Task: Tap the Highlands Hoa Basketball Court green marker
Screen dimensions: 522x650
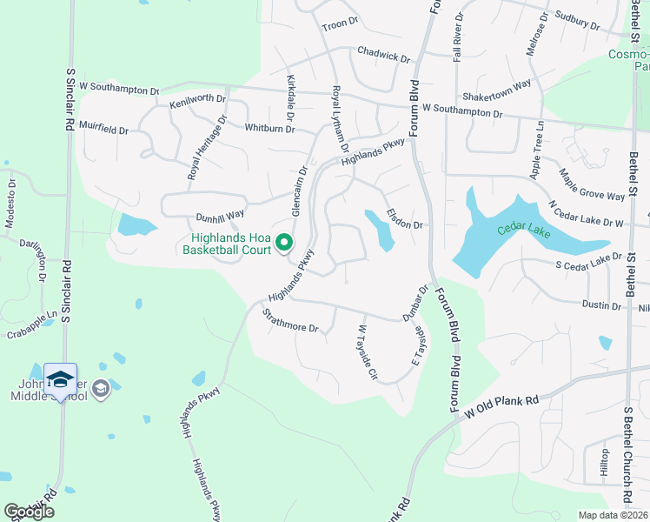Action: click(x=283, y=242)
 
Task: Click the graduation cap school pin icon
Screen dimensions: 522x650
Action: click(x=60, y=379)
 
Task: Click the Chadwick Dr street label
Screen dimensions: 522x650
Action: click(x=383, y=56)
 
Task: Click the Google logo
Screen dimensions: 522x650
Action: click(x=29, y=511)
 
